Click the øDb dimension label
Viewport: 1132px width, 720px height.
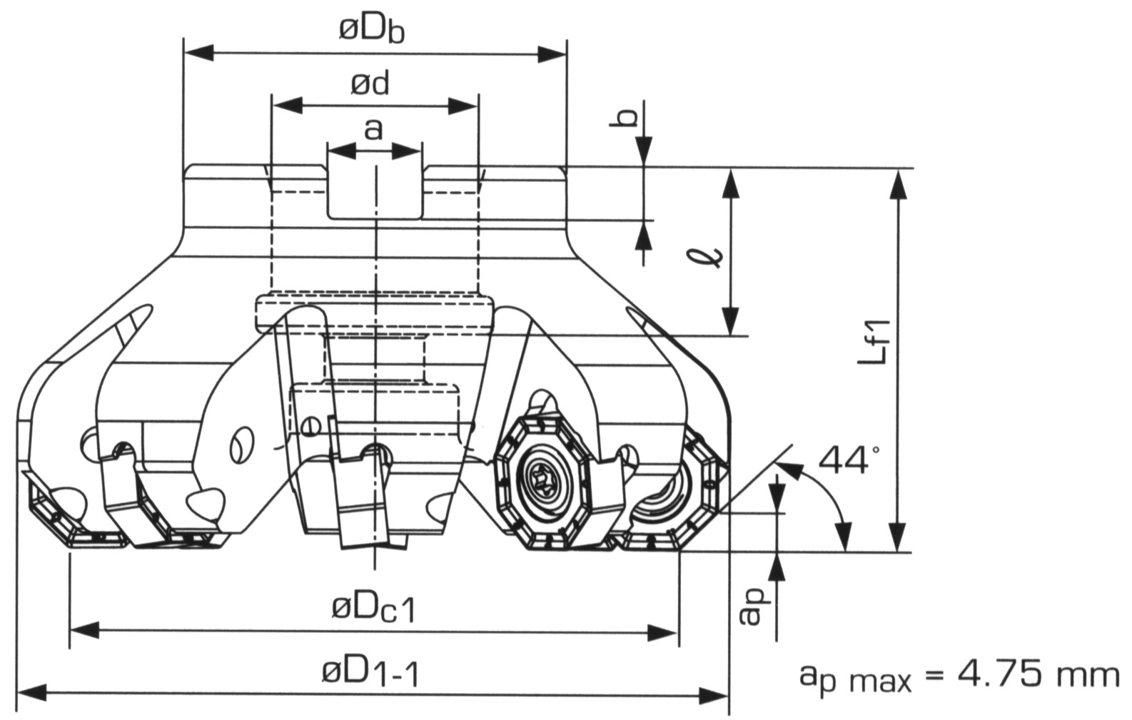[372, 31]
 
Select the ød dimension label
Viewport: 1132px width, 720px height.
[370, 84]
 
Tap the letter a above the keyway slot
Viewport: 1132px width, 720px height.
[373, 130]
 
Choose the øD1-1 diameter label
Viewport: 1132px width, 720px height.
[370, 671]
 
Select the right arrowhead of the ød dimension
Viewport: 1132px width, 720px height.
[465, 106]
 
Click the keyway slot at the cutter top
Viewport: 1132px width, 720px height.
[374, 193]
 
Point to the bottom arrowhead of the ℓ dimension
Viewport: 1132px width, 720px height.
[730, 321]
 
